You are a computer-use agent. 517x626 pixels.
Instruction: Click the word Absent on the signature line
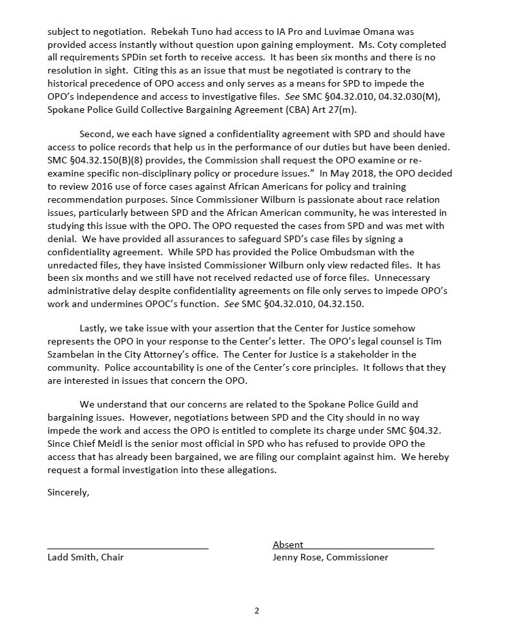pos(288,545)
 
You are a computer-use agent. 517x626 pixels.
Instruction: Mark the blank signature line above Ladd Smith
pos(128,547)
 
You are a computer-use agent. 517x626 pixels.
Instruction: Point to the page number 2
pos(257,611)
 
